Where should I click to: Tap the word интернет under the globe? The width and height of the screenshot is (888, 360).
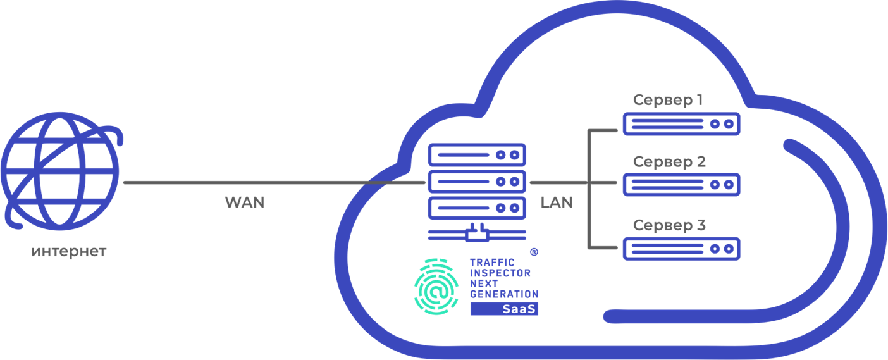click(69, 252)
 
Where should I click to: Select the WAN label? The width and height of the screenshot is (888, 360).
click(245, 202)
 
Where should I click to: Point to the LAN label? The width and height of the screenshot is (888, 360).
click(557, 202)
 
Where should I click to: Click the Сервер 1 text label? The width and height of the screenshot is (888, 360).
click(668, 100)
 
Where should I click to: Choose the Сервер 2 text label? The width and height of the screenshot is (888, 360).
click(669, 162)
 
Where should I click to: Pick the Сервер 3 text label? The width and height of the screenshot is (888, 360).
click(669, 225)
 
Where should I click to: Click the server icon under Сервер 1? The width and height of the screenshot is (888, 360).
click(681, 124)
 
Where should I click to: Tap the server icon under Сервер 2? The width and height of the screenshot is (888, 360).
click(681, 185)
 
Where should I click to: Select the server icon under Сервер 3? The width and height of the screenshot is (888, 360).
click(681, 249)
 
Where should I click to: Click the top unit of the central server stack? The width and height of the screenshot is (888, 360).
click(477, 154)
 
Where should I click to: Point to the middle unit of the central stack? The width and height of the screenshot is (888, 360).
click(477, 182)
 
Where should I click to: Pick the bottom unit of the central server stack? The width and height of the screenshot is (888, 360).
click(477, 208)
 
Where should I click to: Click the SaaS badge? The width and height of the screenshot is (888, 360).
click(504, 309)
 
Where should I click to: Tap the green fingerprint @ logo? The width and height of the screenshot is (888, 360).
click(436, 287)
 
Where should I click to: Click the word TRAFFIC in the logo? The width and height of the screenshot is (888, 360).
click(491, 262)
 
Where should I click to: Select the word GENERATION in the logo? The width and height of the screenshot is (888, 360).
click(504, 294)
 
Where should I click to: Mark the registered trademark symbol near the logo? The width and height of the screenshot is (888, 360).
click(533, 251)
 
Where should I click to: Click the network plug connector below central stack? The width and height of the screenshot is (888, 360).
click(477, 233)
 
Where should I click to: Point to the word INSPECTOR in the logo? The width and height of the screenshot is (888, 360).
click(500, 273)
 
